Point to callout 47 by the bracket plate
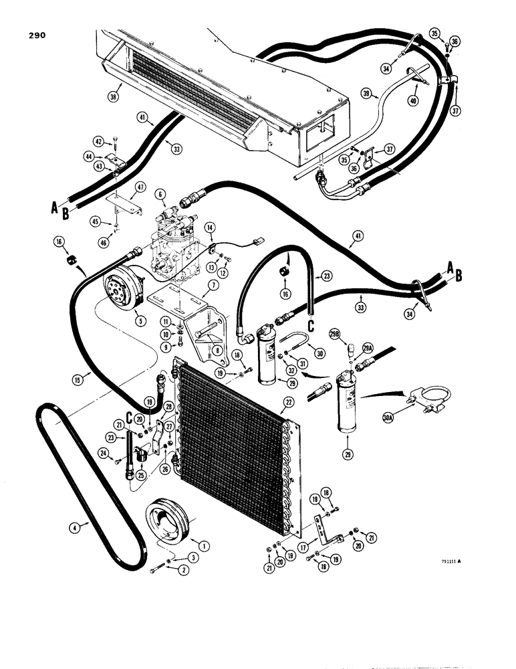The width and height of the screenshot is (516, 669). coord(139,187)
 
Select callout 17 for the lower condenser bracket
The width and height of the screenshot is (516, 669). coord(315,547)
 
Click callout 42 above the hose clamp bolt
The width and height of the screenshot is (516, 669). coord(99,141)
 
